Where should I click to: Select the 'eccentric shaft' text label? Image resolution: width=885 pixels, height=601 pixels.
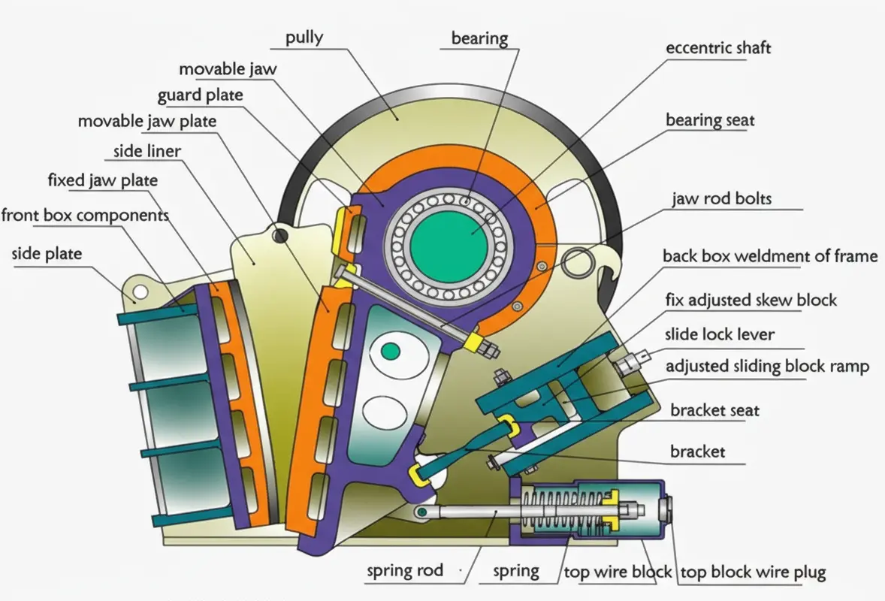point(718,48)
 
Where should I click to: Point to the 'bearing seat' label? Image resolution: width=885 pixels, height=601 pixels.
point(710,120)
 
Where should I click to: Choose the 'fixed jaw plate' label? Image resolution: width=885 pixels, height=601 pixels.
point(103,180)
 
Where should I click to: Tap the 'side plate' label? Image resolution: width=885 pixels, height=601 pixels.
point(47,253)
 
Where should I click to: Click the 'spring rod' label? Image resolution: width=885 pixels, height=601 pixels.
point(405,571)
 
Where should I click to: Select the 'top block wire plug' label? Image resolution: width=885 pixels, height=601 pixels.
point(753,573)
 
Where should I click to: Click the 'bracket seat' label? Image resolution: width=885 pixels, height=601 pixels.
point(714,411)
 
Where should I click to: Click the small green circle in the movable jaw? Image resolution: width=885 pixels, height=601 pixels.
point(390,351)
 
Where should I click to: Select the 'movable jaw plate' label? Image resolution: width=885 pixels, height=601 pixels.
point(147,122)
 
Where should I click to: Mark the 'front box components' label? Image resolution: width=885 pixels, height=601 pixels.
point(85,216)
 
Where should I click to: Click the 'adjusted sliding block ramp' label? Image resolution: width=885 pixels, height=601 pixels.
point(767,367)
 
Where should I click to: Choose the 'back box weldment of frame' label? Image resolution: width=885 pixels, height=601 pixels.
point(770,256)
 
